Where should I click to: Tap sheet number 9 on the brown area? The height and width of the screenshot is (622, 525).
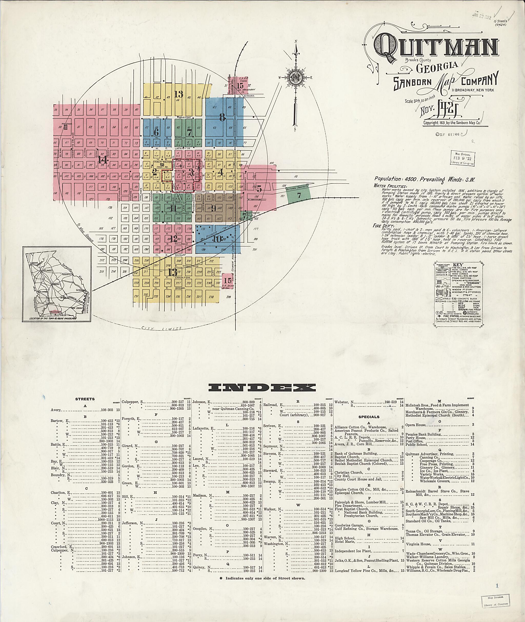[x=213, y=208]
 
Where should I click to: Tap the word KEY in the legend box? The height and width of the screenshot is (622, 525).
[x=457, y=264]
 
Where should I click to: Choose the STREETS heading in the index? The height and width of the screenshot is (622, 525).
[x=85, y=399]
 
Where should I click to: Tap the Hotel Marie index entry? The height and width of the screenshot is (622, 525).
[x=345, y=542]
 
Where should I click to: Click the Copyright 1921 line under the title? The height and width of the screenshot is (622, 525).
[x=455, y=122]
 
